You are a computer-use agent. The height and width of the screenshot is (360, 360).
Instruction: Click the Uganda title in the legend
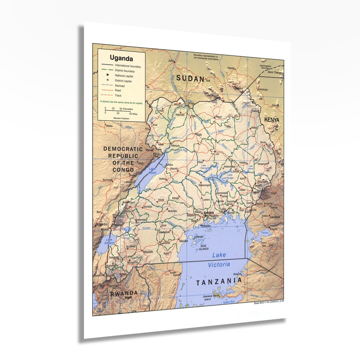tap(121, 59)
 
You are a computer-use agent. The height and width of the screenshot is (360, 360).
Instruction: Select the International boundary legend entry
tap(128, 66)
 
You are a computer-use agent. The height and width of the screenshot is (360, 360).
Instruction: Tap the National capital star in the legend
tap(108, 75)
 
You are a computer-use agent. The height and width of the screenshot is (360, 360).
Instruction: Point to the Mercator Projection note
tap(121, 118)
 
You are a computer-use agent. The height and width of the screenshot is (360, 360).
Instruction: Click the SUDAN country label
tap(190, 79)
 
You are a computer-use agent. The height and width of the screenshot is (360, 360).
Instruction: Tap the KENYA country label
tap(272, 119)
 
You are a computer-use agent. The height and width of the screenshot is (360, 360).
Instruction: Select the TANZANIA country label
tap(219, 282)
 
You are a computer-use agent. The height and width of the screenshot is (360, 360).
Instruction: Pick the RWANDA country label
tap(124, 294)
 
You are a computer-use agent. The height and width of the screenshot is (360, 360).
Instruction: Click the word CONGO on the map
tap(123, 170)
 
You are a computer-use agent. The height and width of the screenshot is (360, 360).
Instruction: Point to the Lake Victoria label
tap(219, 260)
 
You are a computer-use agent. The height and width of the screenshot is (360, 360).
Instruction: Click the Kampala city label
tap(209, 212)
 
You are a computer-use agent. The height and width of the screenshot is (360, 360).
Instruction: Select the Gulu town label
tap(199, 134)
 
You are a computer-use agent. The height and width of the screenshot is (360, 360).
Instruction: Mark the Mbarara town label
tap(148, 252)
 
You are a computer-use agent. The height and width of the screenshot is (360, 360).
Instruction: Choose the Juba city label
tap(171, 61)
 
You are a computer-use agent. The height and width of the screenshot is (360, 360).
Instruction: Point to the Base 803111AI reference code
tap(269, 303)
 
